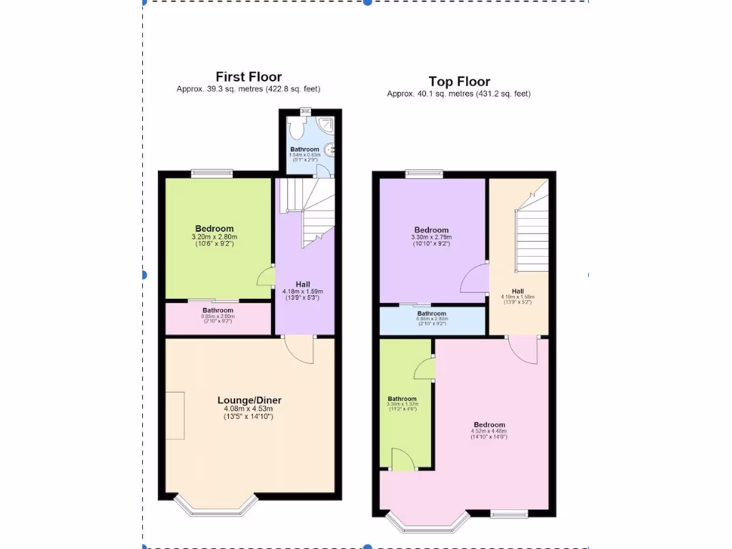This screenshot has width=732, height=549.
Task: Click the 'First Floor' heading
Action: (249, 76)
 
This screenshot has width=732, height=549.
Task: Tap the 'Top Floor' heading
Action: (459, 81)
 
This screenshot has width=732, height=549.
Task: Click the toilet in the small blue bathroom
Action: (296, 129)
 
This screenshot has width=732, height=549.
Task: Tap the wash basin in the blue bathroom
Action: (330, 149)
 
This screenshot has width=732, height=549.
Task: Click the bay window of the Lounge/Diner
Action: (215, 505)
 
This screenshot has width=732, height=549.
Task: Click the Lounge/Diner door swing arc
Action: (299, 350)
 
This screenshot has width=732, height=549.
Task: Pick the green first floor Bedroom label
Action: (214, 229)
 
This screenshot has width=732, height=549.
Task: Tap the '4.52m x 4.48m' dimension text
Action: (488, 431)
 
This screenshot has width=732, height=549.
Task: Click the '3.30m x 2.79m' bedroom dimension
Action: (430, 237)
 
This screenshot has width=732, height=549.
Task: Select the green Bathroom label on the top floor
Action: (402, 399)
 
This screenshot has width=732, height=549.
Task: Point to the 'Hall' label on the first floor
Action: (303, 284)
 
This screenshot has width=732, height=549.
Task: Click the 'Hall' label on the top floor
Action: (518, 290)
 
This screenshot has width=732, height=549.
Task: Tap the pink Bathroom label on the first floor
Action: (217, 310)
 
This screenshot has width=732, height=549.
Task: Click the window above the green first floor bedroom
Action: (212, 173)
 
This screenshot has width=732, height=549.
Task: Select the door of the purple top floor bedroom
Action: (473, 279)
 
